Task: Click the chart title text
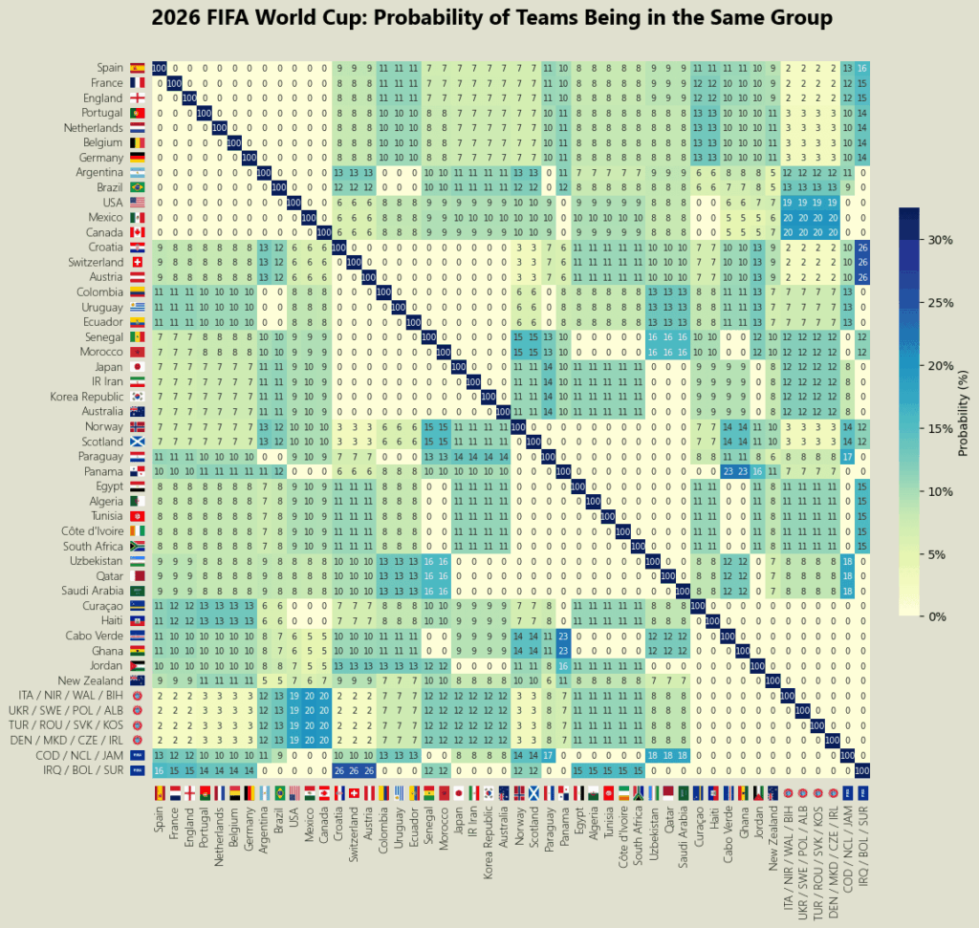[x=491, y=18]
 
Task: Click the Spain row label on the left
[x=110, y=68]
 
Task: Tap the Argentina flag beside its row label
[x=137, y=172]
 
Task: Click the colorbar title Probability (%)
[x=965, y=413]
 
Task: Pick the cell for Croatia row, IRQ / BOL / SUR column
[x=863, y=247]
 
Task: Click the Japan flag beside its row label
[x=137, y=366]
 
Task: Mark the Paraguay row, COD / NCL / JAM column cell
[x=847, y=457]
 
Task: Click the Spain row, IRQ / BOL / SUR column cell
[x=863, y=68]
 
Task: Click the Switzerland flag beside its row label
[x=137, y=262]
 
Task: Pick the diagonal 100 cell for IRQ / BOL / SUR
[x=863, y=770]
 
